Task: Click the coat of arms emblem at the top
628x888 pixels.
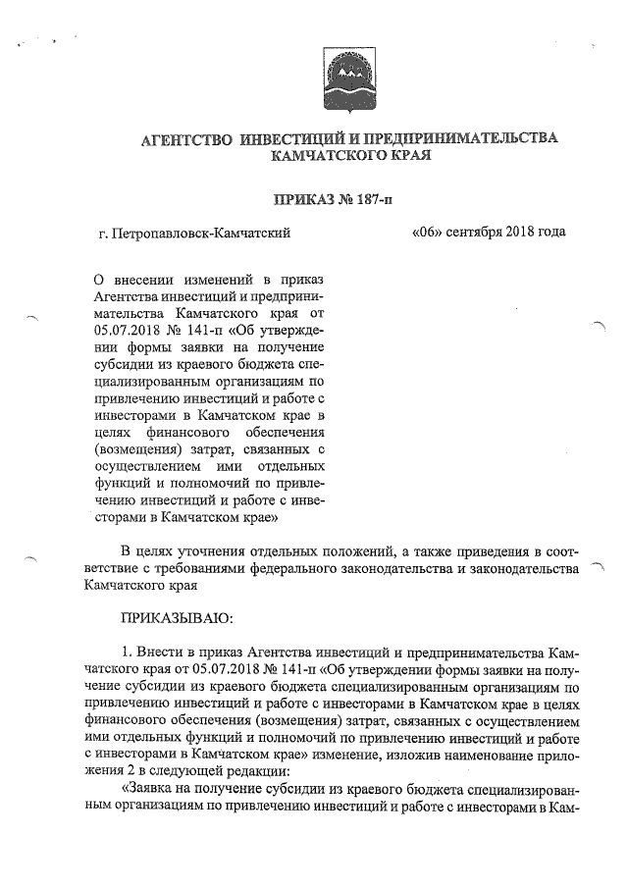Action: [349, 74]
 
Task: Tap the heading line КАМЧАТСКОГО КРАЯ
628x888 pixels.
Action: [350, 156]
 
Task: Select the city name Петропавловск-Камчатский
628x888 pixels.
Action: [201, 234]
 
